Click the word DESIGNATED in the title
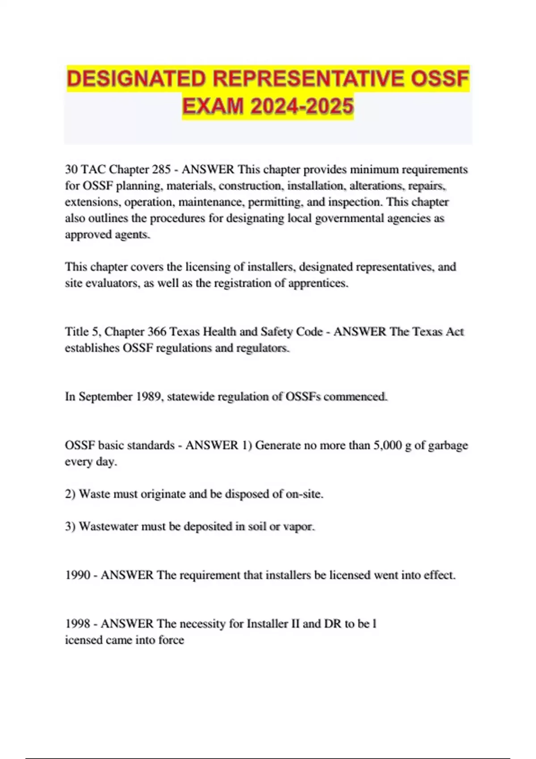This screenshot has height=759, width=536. [x=136, y=79]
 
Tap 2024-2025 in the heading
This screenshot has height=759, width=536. [x=302, y=107]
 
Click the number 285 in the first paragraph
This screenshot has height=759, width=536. [x=161, y=170]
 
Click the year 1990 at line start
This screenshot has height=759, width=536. [x=78, y=575]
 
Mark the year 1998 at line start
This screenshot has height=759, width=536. [x=78, y=624]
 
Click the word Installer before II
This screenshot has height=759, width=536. [x=267, y=624]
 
